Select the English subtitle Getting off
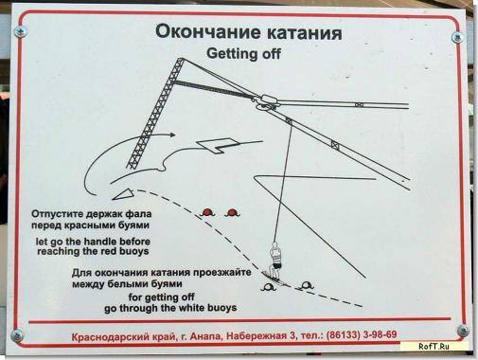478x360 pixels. [243, 53]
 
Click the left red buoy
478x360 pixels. [207, 212]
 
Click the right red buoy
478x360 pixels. [233, 213]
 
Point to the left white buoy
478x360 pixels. [268, 287]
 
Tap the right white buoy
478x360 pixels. [306, 286]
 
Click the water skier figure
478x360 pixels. [275, 261]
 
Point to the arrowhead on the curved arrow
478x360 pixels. [172, 135]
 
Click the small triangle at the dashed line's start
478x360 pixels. [123, 194]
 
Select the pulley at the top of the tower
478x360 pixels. [267, 102]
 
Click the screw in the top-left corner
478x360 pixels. [21, 31]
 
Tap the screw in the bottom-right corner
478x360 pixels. [463, 331]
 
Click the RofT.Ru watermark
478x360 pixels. [434, 346]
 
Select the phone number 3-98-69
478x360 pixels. [380, 334]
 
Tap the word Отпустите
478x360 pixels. [54, 214]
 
